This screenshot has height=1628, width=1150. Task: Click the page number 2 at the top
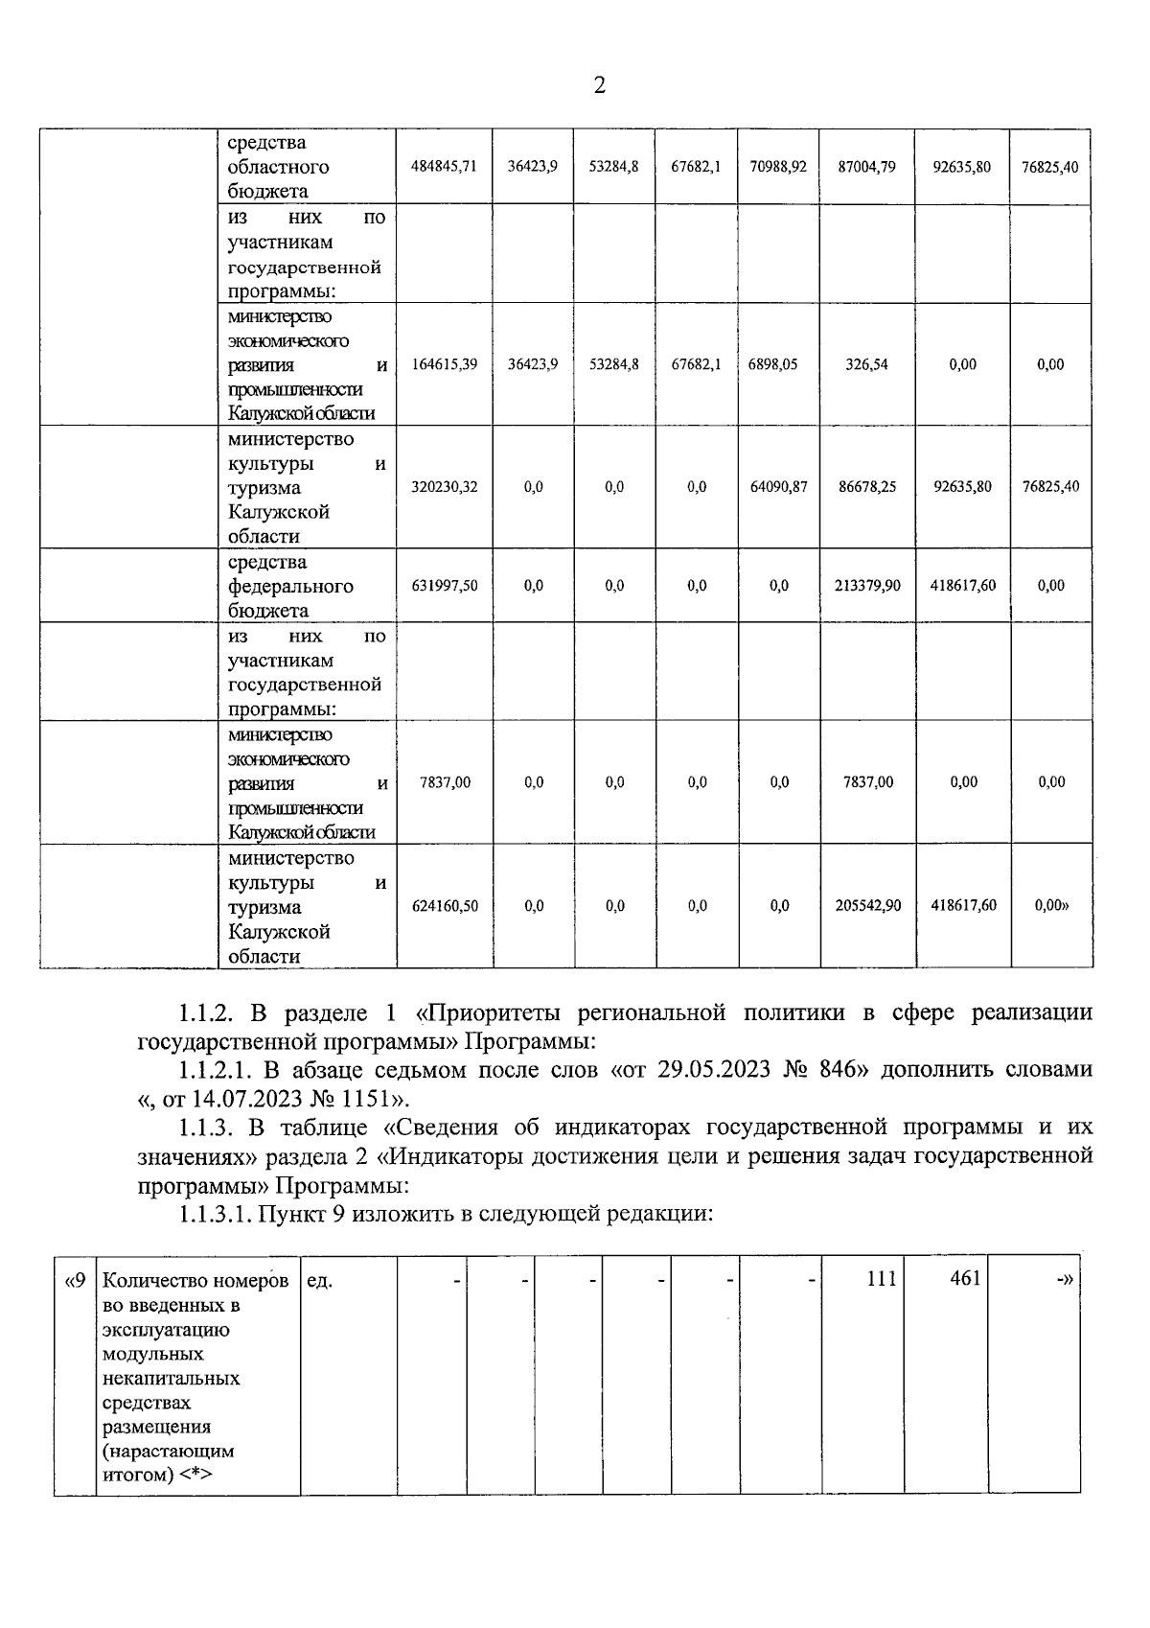point(600,86)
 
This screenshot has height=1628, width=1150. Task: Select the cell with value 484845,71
point(444,167)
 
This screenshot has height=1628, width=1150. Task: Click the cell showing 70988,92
point(778,167)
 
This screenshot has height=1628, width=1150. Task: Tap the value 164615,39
point(444,364)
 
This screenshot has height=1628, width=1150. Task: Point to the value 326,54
point(866,364)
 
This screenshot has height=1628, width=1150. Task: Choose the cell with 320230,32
point(444,487)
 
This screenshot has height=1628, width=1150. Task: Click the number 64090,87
point(778,487)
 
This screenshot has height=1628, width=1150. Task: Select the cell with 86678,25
point(866,487)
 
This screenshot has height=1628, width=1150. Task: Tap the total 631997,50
point(444,586)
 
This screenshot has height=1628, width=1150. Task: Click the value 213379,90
point(866,586)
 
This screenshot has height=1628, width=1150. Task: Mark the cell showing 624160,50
point(444,906)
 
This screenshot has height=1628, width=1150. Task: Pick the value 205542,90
point(866,906)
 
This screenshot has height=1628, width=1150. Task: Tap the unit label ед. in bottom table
point(320,1280)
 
